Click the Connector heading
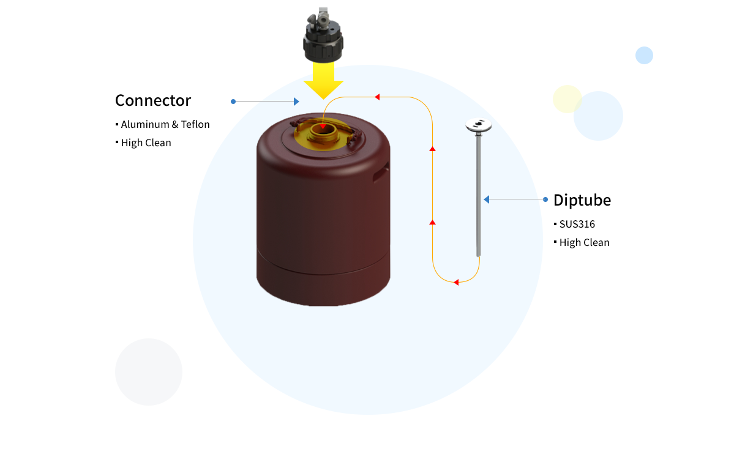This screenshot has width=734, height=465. tap(153, 100)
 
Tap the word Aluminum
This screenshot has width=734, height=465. tap(145, 124)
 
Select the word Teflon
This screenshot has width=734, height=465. tap(195, 124)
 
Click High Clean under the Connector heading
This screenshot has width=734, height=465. tap(146, 143)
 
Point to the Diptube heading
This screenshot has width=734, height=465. tap(582, 200)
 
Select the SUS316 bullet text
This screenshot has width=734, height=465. tap(577, 224)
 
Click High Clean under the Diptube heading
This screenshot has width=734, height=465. tap(584, 242)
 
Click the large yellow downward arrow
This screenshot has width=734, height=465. tap(323, 81)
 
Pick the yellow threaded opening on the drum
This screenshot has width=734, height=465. tap(323, 134)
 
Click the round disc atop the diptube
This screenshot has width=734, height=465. tap(478, 125)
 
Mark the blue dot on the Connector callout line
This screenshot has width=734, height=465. tap(233, 102)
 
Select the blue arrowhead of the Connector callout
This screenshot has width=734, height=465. tap(296, 102)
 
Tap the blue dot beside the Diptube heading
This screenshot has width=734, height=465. tap(545, 199)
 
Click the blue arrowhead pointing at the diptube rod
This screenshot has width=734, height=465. tap(486, 199)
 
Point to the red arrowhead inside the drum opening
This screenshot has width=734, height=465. tap(323, 126)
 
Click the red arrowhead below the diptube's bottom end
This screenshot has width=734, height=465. tap(456, 282)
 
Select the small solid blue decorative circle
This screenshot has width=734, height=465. tap(644, 55)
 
